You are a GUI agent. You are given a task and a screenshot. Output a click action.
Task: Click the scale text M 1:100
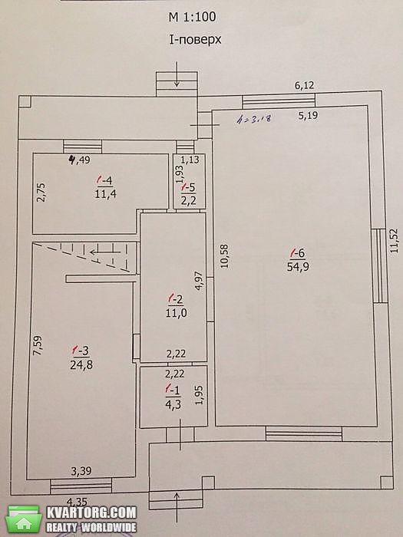pos(192,17)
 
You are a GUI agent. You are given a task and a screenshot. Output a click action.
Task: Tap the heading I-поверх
pos(195,40)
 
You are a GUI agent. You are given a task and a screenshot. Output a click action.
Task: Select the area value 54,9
pos(298,267)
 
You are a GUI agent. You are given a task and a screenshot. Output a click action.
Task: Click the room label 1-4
pos(104,180)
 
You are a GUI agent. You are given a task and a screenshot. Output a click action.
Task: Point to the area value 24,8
pos(81,365)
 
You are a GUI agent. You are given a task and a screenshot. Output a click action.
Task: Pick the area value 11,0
pos(176,313)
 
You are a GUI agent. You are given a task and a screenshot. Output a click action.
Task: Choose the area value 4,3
pos(173,404)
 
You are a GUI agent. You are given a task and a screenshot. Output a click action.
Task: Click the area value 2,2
pos(189,201)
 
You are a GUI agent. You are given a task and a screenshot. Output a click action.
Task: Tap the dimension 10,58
pos(224,256)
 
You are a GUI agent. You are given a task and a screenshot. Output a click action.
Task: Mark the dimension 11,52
pos(395,240)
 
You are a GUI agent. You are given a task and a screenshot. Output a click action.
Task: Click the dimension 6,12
pos(304,85)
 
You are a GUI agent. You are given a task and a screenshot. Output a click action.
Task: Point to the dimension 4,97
pos(199,282)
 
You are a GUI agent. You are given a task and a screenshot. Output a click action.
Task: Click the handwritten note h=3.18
pos(254,118)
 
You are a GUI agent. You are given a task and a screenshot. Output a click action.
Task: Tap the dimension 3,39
pos(81,471)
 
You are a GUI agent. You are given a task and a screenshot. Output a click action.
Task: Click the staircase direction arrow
pos(106,252)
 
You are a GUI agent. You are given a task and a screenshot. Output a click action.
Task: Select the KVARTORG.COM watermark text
pos(91,512)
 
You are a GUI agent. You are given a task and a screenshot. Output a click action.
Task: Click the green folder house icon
pos(23,519)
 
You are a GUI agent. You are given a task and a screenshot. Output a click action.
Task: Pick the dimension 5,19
pos(308,116)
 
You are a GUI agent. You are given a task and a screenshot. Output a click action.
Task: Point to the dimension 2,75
pos(41,193)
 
